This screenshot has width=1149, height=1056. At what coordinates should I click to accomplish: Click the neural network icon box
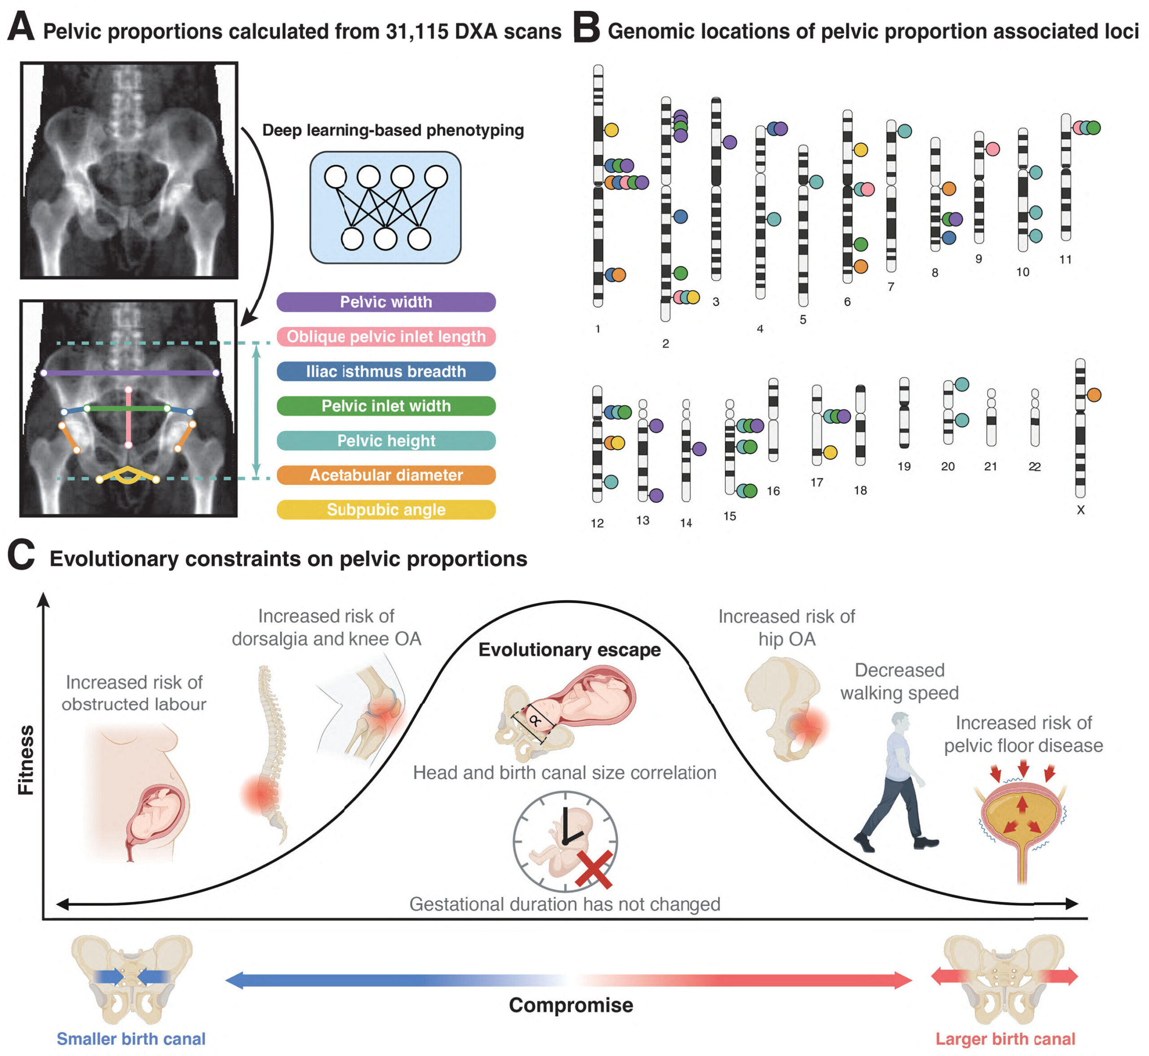[385, 207]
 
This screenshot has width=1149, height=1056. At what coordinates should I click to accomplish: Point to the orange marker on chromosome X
[1094, 395]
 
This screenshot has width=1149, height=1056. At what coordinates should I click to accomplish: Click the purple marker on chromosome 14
[699, 449]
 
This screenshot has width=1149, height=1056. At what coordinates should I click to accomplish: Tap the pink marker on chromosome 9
[992, 149]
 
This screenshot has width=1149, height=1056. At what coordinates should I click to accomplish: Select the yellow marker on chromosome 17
[830, 452]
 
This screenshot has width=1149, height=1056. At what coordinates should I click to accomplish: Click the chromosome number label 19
[903, 467]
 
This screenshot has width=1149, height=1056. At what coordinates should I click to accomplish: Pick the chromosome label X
[1080, 510]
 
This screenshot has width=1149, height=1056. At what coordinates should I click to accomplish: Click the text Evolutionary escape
[569, 650]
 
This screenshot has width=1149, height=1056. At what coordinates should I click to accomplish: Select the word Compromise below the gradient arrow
[571, 1005]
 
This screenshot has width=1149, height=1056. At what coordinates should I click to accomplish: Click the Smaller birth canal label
[131, 1039]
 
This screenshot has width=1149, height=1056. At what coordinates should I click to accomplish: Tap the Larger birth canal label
[1005, 1039]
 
